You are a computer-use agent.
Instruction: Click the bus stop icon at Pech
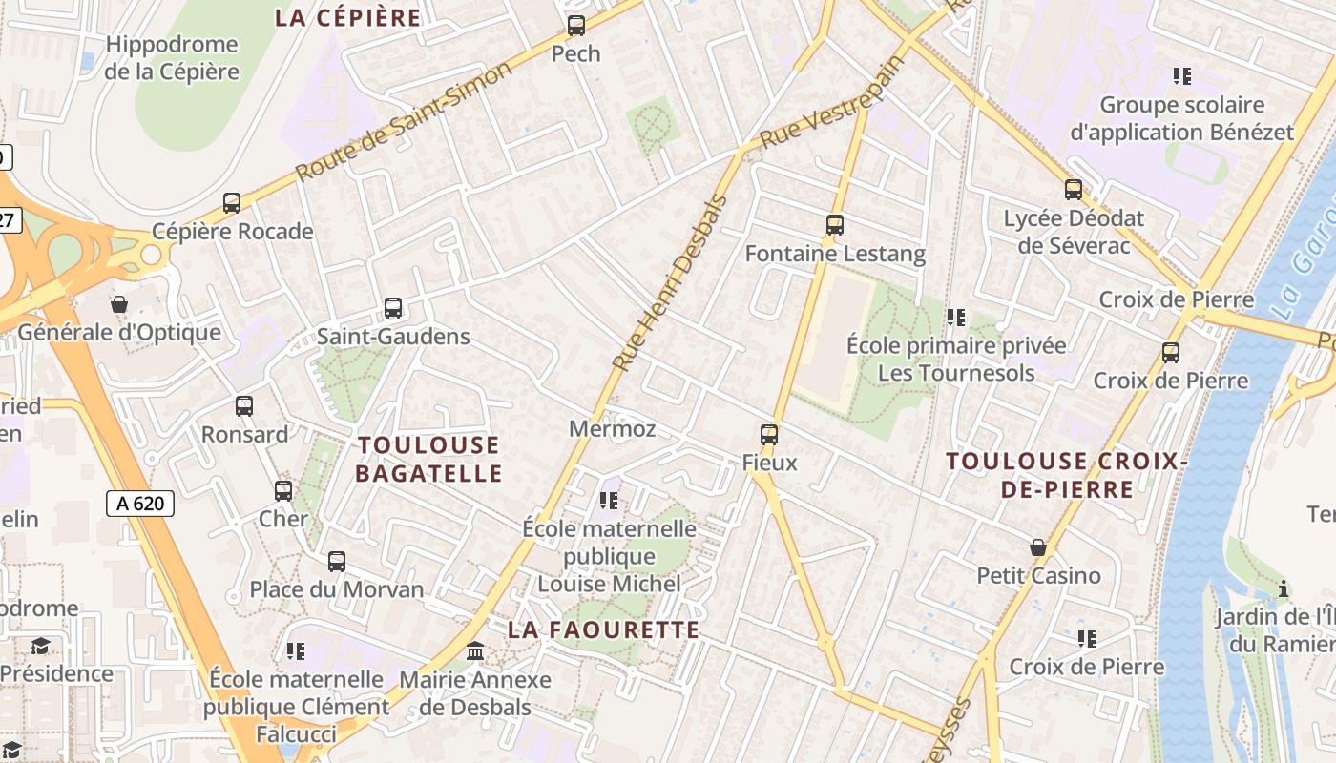(x=576, y=26)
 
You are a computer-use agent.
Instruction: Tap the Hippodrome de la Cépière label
(x=172, y=58)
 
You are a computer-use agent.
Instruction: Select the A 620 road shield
(x=140, y=504)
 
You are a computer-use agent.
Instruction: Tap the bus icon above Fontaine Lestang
(x=835, y=225)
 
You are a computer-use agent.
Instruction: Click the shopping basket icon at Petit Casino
(x=1038, y=547)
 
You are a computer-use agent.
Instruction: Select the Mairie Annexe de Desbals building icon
(x=475, y=651)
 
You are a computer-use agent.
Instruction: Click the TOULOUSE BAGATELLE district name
(x=428, y=459)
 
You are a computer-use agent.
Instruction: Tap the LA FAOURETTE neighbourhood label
(x=604, y=629)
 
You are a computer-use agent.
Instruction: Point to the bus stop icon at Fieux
(x=769, y=435)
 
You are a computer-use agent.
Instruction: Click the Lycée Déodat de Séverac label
(x=1074, y=232)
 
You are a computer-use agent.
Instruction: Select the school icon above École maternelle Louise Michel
(x=609, y=500)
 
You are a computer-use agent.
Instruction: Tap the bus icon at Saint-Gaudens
(x=393, y=308)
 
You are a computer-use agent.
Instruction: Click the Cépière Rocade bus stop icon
(x=232, y=203)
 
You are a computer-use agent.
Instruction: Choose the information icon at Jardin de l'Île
(x=1284, y=588)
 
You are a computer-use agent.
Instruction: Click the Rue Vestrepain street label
(x=831, y=105)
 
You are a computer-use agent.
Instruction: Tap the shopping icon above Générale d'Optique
(x=119, y=304)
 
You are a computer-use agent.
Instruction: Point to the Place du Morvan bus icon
(x=337, y=562)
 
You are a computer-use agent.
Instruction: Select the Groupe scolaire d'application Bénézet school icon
(x=1182, y=76)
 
